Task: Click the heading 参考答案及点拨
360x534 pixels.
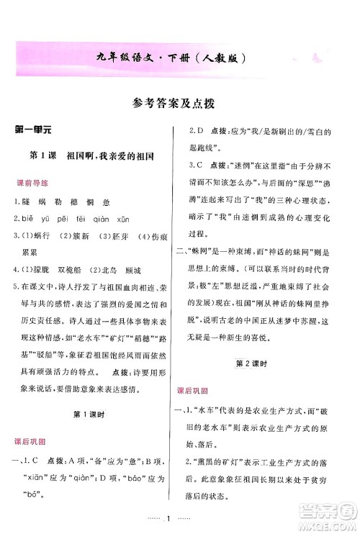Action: tap(180, 102)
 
